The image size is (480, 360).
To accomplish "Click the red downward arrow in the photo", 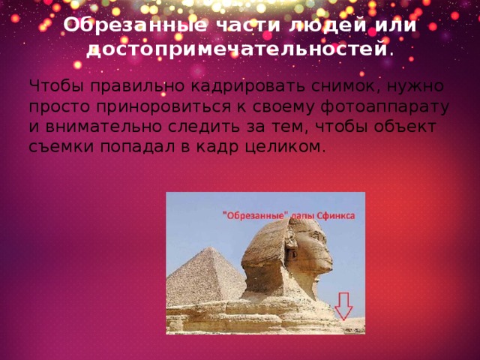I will click(x=344, y=305).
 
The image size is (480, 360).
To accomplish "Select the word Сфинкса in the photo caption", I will click(x=336, y=214).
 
